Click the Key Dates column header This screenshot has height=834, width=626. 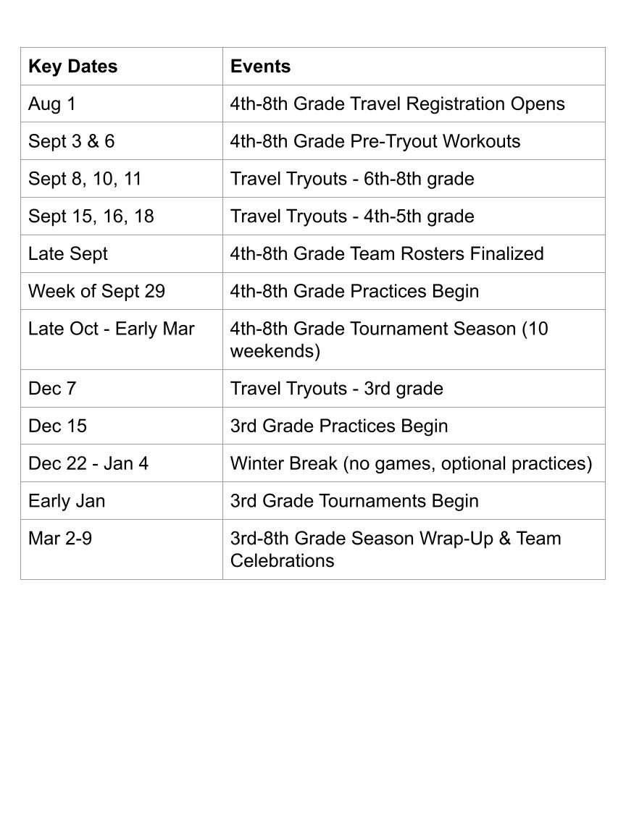72,67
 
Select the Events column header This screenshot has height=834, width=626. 260,67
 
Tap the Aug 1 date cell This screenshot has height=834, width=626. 51,104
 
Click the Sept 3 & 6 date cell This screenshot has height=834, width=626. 71,141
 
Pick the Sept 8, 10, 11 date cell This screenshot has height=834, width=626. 84,179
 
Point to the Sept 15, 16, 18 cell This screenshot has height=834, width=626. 91,216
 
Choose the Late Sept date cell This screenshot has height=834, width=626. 67,254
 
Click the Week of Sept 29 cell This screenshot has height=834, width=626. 96,292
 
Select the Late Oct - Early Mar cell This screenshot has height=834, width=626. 111,329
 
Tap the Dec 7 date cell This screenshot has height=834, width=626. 51,389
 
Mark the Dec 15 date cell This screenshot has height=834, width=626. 57,426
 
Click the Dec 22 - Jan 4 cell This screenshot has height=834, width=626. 88,464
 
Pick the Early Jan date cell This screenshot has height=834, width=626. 66,502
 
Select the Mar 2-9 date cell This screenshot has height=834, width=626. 59,539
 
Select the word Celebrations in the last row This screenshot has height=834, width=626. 282,561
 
